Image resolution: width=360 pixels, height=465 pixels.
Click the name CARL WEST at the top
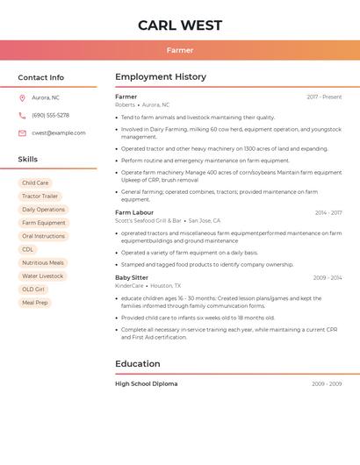180,25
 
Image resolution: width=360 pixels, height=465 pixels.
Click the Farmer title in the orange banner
180,51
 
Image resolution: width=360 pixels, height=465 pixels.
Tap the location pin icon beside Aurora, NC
22,97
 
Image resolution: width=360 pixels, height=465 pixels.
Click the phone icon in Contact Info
22,115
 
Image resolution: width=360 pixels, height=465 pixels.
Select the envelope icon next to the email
22,133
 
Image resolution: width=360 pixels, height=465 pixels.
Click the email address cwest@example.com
59,133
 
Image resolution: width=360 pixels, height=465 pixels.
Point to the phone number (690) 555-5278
50,115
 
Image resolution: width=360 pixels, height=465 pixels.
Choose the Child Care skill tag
35,183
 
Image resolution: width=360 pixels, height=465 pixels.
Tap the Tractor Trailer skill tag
40,197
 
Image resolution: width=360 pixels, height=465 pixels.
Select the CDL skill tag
28,249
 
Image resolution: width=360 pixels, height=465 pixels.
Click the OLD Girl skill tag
32,289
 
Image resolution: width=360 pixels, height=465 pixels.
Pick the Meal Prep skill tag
35,303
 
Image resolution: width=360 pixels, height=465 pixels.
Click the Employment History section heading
161,77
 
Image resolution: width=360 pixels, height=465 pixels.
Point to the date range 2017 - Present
324,97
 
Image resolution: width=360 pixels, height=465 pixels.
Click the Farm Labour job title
134,212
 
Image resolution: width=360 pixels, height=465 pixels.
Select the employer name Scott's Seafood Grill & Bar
148,221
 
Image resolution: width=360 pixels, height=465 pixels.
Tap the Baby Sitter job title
132,277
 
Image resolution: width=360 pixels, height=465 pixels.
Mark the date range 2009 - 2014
328,277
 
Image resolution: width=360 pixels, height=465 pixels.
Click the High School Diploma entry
147,383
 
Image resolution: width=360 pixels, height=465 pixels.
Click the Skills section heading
28,159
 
